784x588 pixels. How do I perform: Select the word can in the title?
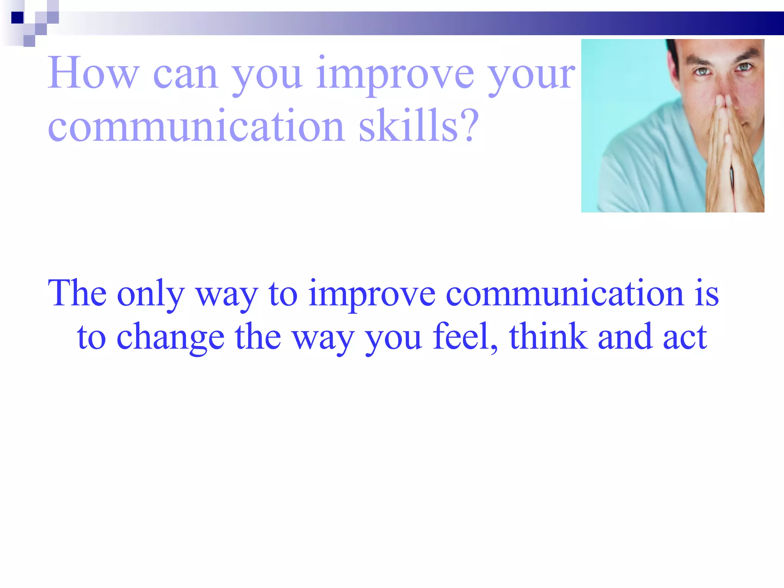(x=186, y=75)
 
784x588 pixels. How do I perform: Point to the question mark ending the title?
(x=470, y=126)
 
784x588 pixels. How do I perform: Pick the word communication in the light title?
(x=196, y=126)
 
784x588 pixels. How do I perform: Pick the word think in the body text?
(x=548, y=336)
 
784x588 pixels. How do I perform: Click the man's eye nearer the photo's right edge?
(x=744, y=67)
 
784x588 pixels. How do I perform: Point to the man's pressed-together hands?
(x=727, y=153)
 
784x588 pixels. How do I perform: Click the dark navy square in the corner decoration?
(x=17, y=18)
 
